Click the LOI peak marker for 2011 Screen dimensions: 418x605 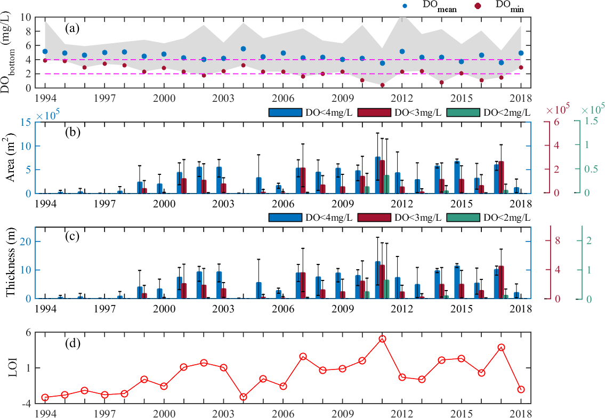click(382, 339)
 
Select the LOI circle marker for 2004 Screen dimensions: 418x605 click(243, 397)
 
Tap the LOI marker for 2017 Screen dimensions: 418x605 click(501, 347)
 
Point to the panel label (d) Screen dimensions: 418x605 click(72, 342)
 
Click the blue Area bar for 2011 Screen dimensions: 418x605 click(377, 175)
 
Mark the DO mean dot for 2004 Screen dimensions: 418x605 click(243, 49)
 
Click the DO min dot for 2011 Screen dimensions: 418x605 click(382, 85)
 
